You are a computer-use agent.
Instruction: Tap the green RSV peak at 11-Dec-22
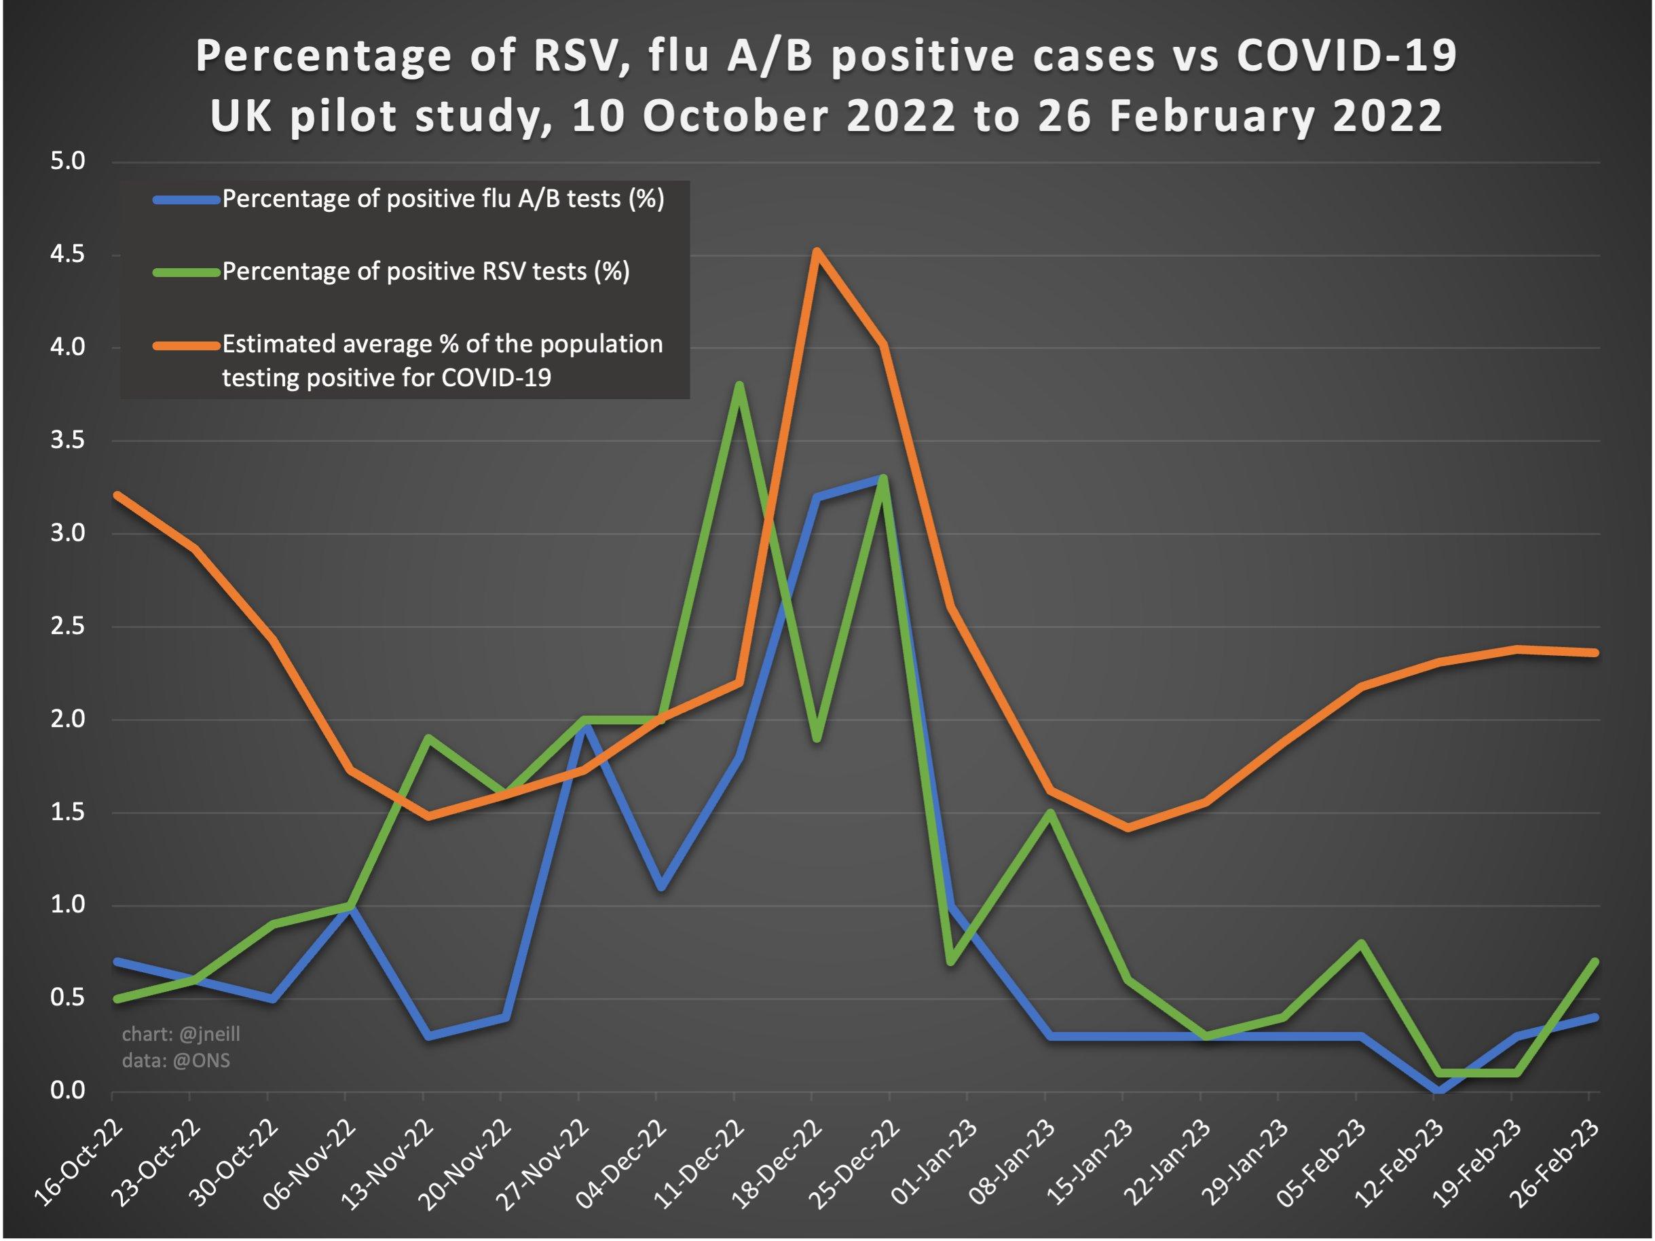pos(739,385)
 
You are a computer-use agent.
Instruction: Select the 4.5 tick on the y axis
pos(67,255)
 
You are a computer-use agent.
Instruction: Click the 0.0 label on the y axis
pos(67,1091)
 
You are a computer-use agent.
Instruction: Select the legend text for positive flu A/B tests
pos(443,199)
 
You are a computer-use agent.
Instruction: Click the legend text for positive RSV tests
pos(426,271)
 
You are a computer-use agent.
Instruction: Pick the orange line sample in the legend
pos(186,345)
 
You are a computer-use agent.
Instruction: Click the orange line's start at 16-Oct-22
pos(116,494)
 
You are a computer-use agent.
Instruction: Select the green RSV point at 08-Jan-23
pos(1049,813)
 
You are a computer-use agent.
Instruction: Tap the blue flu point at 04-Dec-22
pos(661,887)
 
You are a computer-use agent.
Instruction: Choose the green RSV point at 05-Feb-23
pos(1361,943)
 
